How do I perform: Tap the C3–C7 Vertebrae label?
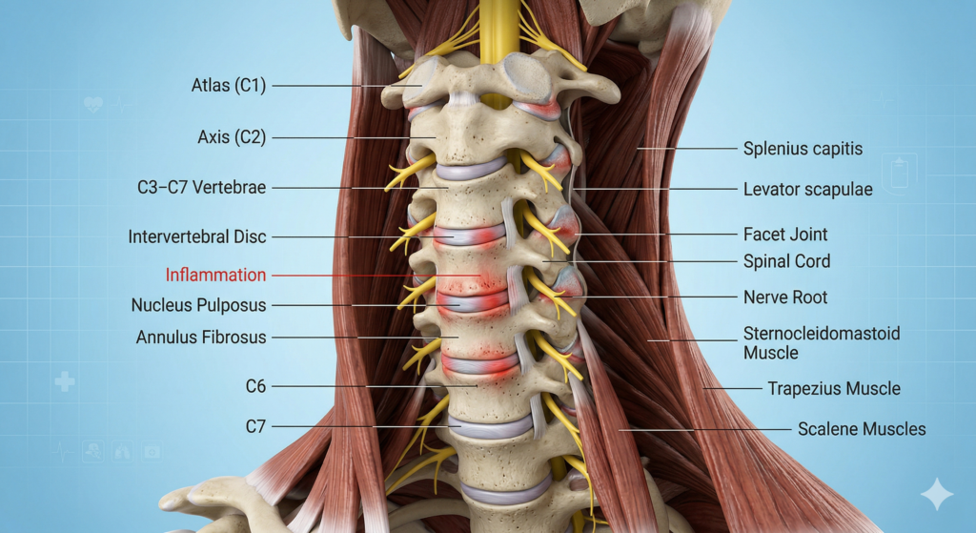point(201,188)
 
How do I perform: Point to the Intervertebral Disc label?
point(197,236)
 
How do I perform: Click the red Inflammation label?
point(215,276)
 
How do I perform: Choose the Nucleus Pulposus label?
point(198,306)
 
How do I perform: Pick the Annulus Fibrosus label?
point(201,338)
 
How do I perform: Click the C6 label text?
point(255,386)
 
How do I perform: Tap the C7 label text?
point(255,427)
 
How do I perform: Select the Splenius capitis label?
point(803,149)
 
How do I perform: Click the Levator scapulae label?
point(807,190)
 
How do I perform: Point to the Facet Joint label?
point(785,235)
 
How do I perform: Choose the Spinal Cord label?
point(786,261)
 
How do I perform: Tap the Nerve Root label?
point(785,297)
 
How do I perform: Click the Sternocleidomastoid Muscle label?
point(822,343)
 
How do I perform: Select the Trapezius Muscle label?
point(834,389)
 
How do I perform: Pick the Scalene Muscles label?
point(862,429)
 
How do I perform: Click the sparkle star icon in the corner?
point(936,494)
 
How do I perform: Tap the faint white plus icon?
point(64,382)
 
